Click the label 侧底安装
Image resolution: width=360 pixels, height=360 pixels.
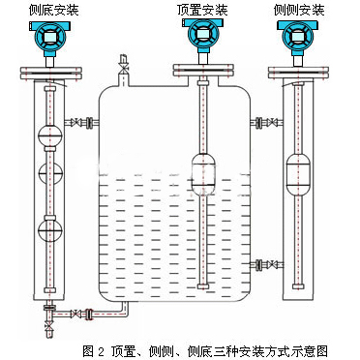pyautogui.click(x=53, y=10)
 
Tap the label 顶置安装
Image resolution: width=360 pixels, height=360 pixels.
pyautogui.click(x=202, y=10)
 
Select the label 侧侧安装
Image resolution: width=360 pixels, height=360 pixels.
pyautogui.click(x=299, y=10)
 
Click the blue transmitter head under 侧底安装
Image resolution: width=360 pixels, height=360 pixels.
pyautogui.click(x=49, y=37)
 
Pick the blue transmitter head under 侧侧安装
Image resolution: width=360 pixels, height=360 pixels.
pyautogui.click(x=298, y=37)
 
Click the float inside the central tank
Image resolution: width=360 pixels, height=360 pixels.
pyautogui.click(x=203, y=173)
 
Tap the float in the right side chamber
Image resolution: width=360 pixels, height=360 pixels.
pyautogui.click(x=298, y=174)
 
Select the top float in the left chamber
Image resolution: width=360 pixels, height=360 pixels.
pyautogui.click(x=49, y=136)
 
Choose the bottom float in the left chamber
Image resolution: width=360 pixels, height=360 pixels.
pyautogui.click(x=49, y=229)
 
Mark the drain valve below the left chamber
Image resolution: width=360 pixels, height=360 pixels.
pyautogui.click(x=49, y=326)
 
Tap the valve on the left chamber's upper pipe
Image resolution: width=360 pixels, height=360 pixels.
pyautogui.click(x=76, y=123)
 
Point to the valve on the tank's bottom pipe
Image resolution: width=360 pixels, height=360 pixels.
pyautogui.click(x=76, y=314)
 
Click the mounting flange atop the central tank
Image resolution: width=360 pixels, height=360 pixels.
pyautogui.click(x=203, y=71)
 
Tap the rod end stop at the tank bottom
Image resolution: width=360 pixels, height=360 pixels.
pyautogui.click(x=203, y=286)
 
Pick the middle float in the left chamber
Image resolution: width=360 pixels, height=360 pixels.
pyautogui.click(x=49, y=173)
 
